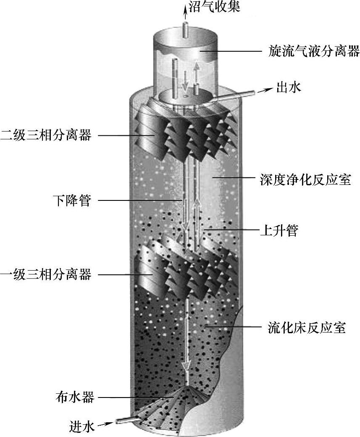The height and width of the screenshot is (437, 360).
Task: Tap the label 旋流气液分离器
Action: [314, 51]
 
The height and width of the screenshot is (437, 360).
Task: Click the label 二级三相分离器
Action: [46, 135]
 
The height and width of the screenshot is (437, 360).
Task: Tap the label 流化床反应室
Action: [307, 327]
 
